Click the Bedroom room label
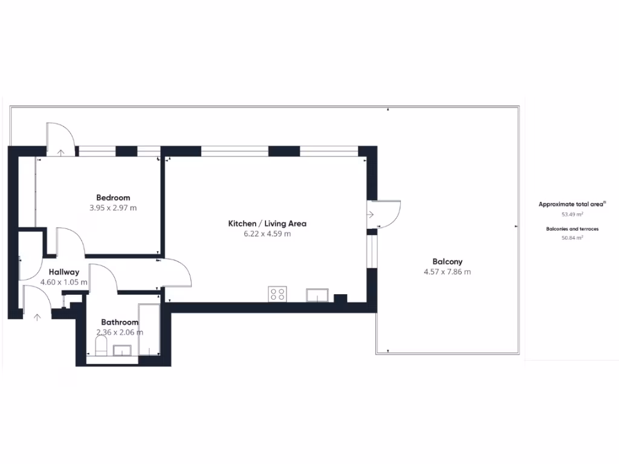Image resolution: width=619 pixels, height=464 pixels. coord(113,198)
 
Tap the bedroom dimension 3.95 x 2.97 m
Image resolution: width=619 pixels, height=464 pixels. coord(113,208)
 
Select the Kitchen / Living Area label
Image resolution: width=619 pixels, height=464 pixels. coord(267,224)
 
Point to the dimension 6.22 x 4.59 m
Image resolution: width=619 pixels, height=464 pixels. coord(267,234)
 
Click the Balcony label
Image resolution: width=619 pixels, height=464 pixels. coord(447,262)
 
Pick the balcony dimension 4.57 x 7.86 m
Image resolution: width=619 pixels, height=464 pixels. coord(447,272)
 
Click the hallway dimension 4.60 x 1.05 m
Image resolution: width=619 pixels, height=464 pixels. coord(63,282)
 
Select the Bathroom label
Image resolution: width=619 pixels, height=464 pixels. coord(120,323)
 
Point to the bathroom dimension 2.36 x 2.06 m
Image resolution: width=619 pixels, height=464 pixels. coord(120,332)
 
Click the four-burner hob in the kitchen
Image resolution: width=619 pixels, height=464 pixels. coord(277,294)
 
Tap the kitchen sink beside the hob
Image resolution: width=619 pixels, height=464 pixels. coord(317,295)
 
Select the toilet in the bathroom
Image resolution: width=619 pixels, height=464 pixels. coord(102,347)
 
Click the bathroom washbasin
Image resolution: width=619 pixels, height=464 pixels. coord(123,350)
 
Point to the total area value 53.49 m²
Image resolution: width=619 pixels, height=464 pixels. coord(572,214)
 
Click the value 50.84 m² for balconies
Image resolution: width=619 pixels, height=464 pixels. coord(572,238)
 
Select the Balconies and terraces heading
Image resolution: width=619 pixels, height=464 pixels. coord(572,229)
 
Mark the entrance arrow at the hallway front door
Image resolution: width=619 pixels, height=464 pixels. coord(37,316)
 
